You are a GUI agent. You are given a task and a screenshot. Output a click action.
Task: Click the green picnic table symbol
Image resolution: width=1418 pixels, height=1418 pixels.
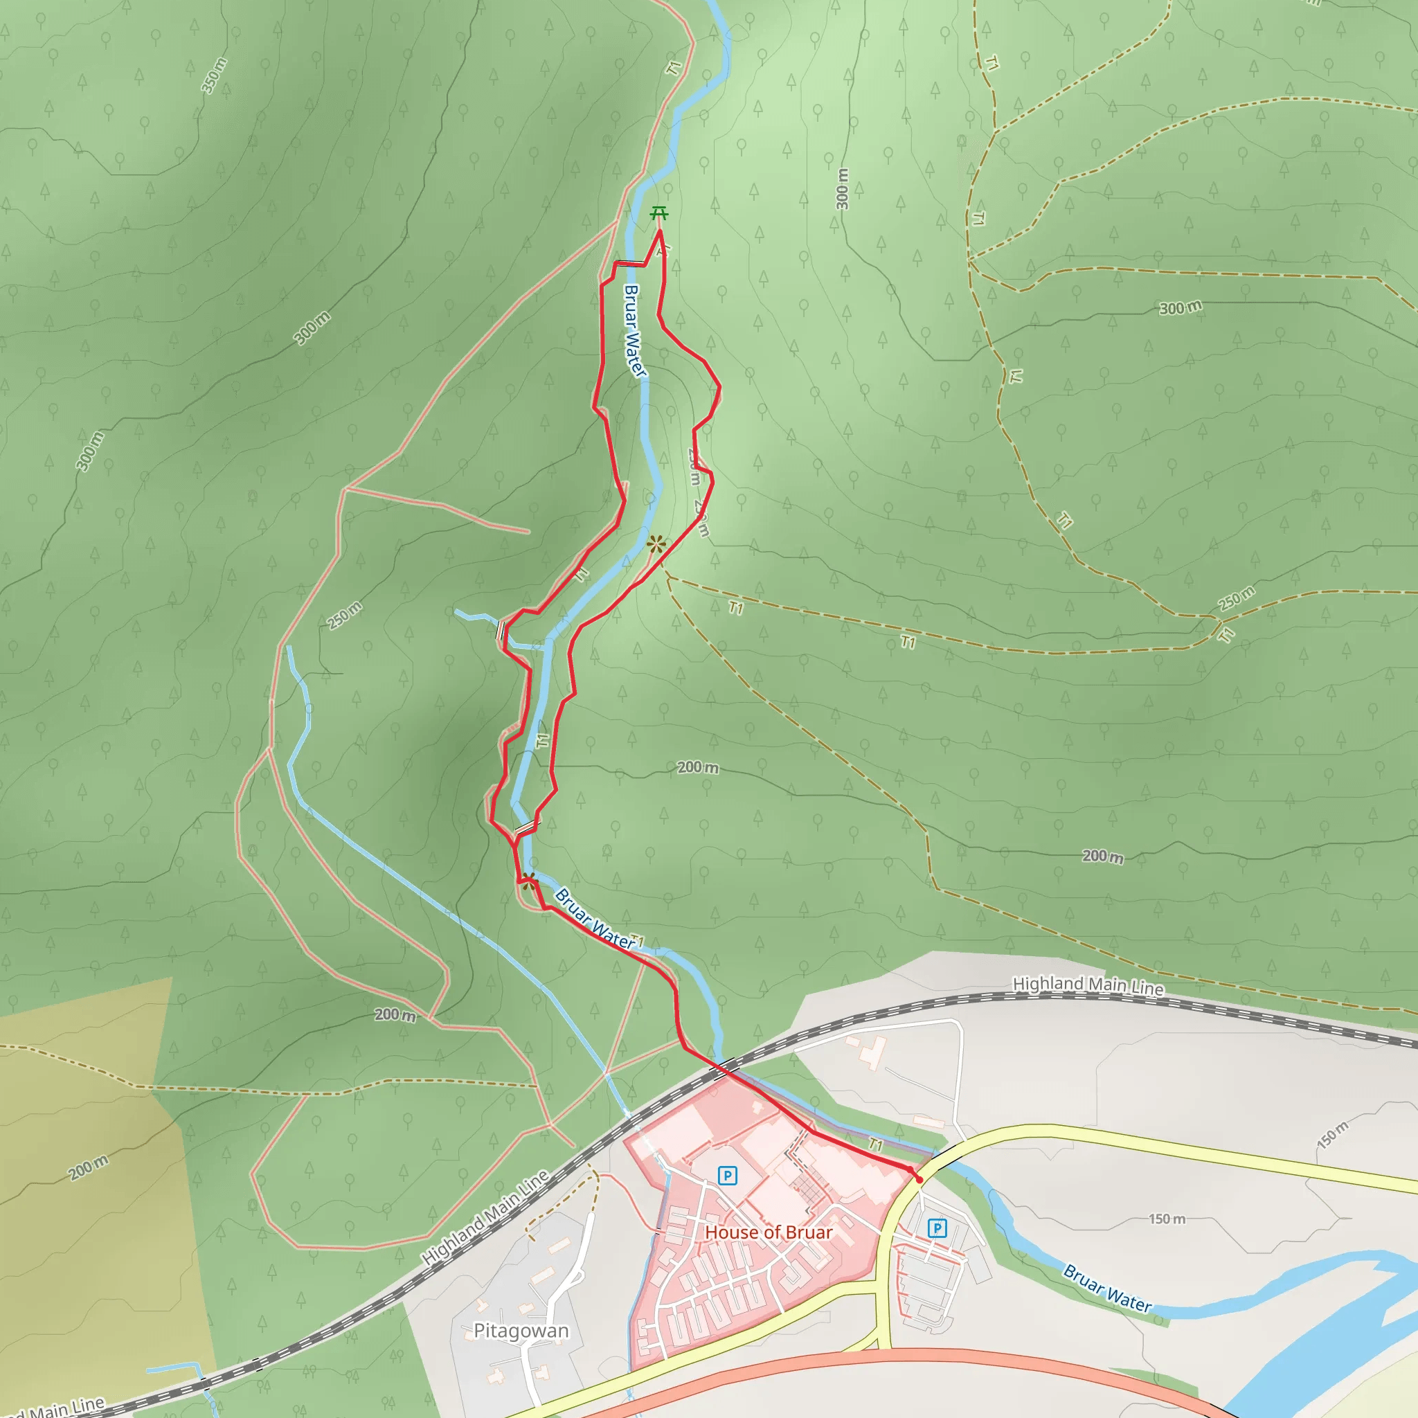pos(659,215)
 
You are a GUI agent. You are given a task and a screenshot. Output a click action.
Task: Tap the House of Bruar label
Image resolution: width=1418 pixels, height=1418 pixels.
pos(769,1232)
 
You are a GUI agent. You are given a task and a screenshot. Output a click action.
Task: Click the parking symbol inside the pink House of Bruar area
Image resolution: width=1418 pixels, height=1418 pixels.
pos(726,1176)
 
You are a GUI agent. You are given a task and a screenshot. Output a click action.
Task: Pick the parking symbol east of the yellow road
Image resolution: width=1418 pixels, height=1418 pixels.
pos(937,1227)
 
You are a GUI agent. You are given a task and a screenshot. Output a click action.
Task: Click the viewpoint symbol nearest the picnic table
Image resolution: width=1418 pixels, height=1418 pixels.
pos(657,544)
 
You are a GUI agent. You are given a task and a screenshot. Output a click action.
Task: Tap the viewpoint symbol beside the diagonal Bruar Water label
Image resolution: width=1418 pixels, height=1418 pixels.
pos(528,882)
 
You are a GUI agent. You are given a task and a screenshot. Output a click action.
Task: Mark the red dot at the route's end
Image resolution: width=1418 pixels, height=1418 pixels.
pos(918,1178)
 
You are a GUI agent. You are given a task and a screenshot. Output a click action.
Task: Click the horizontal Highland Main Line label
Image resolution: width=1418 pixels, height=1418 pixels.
pos(1088,986)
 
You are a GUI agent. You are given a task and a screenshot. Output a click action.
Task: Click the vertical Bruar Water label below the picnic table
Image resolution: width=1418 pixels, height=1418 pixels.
pos(634,331)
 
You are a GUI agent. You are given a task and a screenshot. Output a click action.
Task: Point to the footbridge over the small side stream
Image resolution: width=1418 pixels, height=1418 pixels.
pos(500,630)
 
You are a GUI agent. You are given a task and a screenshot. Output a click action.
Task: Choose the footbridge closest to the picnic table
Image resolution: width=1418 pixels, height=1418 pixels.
pos(630,262)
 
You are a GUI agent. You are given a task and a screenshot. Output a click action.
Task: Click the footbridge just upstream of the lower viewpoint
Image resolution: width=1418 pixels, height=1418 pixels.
pos(526,828)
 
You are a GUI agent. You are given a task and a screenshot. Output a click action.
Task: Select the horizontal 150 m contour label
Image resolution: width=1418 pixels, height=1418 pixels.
pos(1167,1219)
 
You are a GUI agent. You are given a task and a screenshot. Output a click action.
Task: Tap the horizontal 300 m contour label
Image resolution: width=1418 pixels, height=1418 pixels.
pos(1181,308)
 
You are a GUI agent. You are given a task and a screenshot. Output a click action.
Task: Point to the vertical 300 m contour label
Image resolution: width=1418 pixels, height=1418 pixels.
pos(842,189)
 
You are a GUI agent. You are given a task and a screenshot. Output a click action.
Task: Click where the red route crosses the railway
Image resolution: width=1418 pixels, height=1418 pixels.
pos(721,1067)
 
